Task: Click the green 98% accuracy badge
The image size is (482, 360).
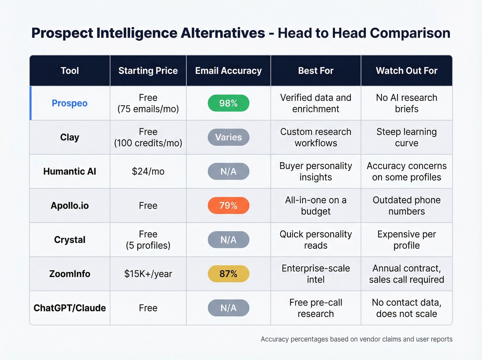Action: (x=228, y=103)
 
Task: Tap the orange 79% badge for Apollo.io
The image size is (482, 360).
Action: (x=228, y=205)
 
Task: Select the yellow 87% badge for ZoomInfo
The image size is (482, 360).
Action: (x=228, y=274)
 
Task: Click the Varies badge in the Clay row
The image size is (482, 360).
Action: (x=228, y=137)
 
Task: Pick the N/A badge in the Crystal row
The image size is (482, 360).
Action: (x=228, y=240)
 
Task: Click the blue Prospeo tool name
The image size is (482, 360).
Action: (x=70, y=103)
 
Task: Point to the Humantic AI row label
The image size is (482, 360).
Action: (x=70, y=171)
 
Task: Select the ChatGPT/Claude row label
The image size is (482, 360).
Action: (x=70, y=308)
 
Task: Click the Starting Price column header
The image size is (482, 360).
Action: (x=148, y=71)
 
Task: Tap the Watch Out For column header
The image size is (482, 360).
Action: (x=407, y=71)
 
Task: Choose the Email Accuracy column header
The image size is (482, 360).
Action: (x=228, y=71)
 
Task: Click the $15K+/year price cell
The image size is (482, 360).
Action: (x=148, y=274)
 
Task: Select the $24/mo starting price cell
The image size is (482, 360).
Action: (x=148, y=171)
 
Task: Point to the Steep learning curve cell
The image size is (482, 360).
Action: (x=407, y=137)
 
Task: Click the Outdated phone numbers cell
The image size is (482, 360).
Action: (x=407, y=205)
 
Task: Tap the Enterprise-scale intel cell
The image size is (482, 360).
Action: (x=316, y=274)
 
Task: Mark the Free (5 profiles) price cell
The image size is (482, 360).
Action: (x=148, y=240)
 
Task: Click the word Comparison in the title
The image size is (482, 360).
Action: (x=410, y=33)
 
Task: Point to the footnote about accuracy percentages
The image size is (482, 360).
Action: (x=356, y=339)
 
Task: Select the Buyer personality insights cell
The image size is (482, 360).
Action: (x=316, y=171)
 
